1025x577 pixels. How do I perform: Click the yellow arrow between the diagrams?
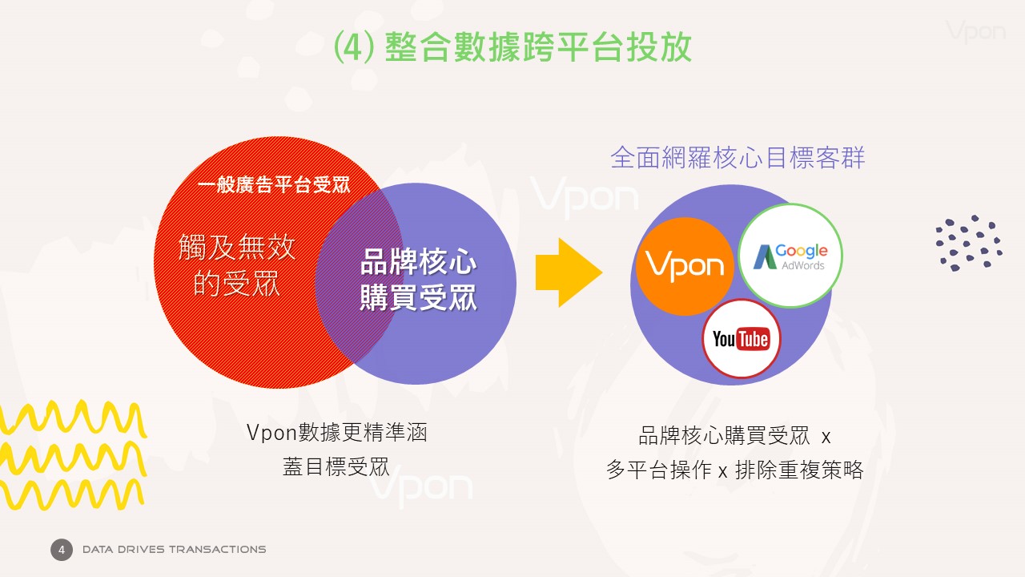click(569, 272)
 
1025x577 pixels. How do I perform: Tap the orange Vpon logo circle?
click(685, 267)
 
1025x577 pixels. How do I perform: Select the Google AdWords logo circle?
click(790, 256)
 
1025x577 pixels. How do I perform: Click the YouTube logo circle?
click(742, 338)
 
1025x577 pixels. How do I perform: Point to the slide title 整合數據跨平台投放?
click(538, 46)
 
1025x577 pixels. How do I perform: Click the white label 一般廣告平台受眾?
click(274, 185)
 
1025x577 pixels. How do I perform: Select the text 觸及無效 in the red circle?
click(236, 247)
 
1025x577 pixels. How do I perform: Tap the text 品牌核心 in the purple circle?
click(418, 261)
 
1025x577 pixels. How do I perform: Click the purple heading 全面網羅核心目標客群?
click(738, 158)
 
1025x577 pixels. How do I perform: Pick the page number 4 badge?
click(62, 550)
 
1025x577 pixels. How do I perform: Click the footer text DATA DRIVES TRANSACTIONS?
click(174, 550)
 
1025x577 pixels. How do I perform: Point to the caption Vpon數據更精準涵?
click(336, 432)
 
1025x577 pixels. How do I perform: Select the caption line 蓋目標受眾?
click(336, 467)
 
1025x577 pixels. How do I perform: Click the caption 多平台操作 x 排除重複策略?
click(734, 470)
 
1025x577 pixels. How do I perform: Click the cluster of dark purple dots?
click(969, 243)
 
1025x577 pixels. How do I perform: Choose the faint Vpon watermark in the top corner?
click(975, 31)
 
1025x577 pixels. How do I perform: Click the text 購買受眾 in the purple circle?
click(418, 297)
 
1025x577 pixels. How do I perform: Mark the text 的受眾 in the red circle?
click(236, 284)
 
